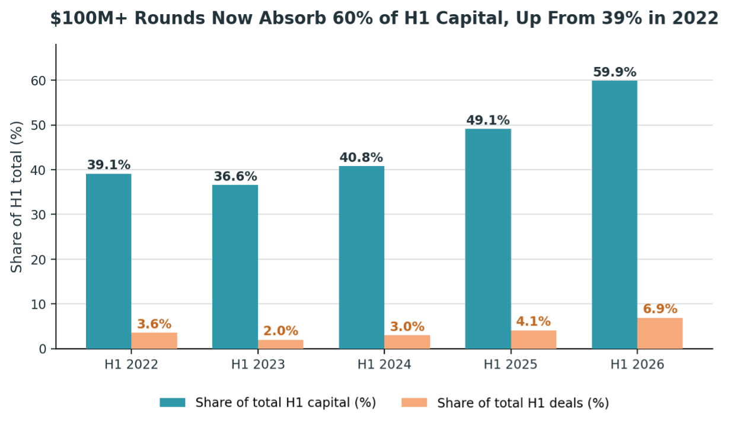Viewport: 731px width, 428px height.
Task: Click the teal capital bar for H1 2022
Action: [x=108, y=261]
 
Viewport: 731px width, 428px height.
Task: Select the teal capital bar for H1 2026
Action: [x=614, y=215]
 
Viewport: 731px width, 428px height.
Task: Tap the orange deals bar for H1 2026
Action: [x=660, y=333]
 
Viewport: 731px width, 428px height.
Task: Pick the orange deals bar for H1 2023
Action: [x=280, y=344]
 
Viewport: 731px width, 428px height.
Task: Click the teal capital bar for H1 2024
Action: [x=362, y=257]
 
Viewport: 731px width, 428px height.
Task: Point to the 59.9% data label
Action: [x=614, y=72]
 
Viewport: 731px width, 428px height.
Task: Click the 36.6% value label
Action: [x=235, y=177]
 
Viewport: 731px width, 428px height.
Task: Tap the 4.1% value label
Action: [x=533, y=322]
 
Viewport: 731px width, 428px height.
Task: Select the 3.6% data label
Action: [x=154, y=324]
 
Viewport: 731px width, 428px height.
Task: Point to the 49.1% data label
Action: [x=488, y=120]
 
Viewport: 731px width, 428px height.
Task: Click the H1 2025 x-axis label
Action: [x=510, y=365]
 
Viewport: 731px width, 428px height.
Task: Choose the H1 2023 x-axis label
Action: [x=258, y=365]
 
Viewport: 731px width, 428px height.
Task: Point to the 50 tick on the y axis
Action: [x=39, y=126]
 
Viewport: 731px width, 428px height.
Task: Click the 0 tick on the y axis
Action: [x=43, y=349]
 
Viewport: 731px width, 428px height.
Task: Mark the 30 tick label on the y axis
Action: [x=39, y=215]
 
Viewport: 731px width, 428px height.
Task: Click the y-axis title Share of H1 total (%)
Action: [x=17, y=197]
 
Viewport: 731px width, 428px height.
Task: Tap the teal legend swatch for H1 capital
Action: [x=173, y=403]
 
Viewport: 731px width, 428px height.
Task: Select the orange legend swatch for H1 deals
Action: [x=414, y=403]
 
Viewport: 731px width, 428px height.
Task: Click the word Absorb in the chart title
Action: [x=292, y=18]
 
